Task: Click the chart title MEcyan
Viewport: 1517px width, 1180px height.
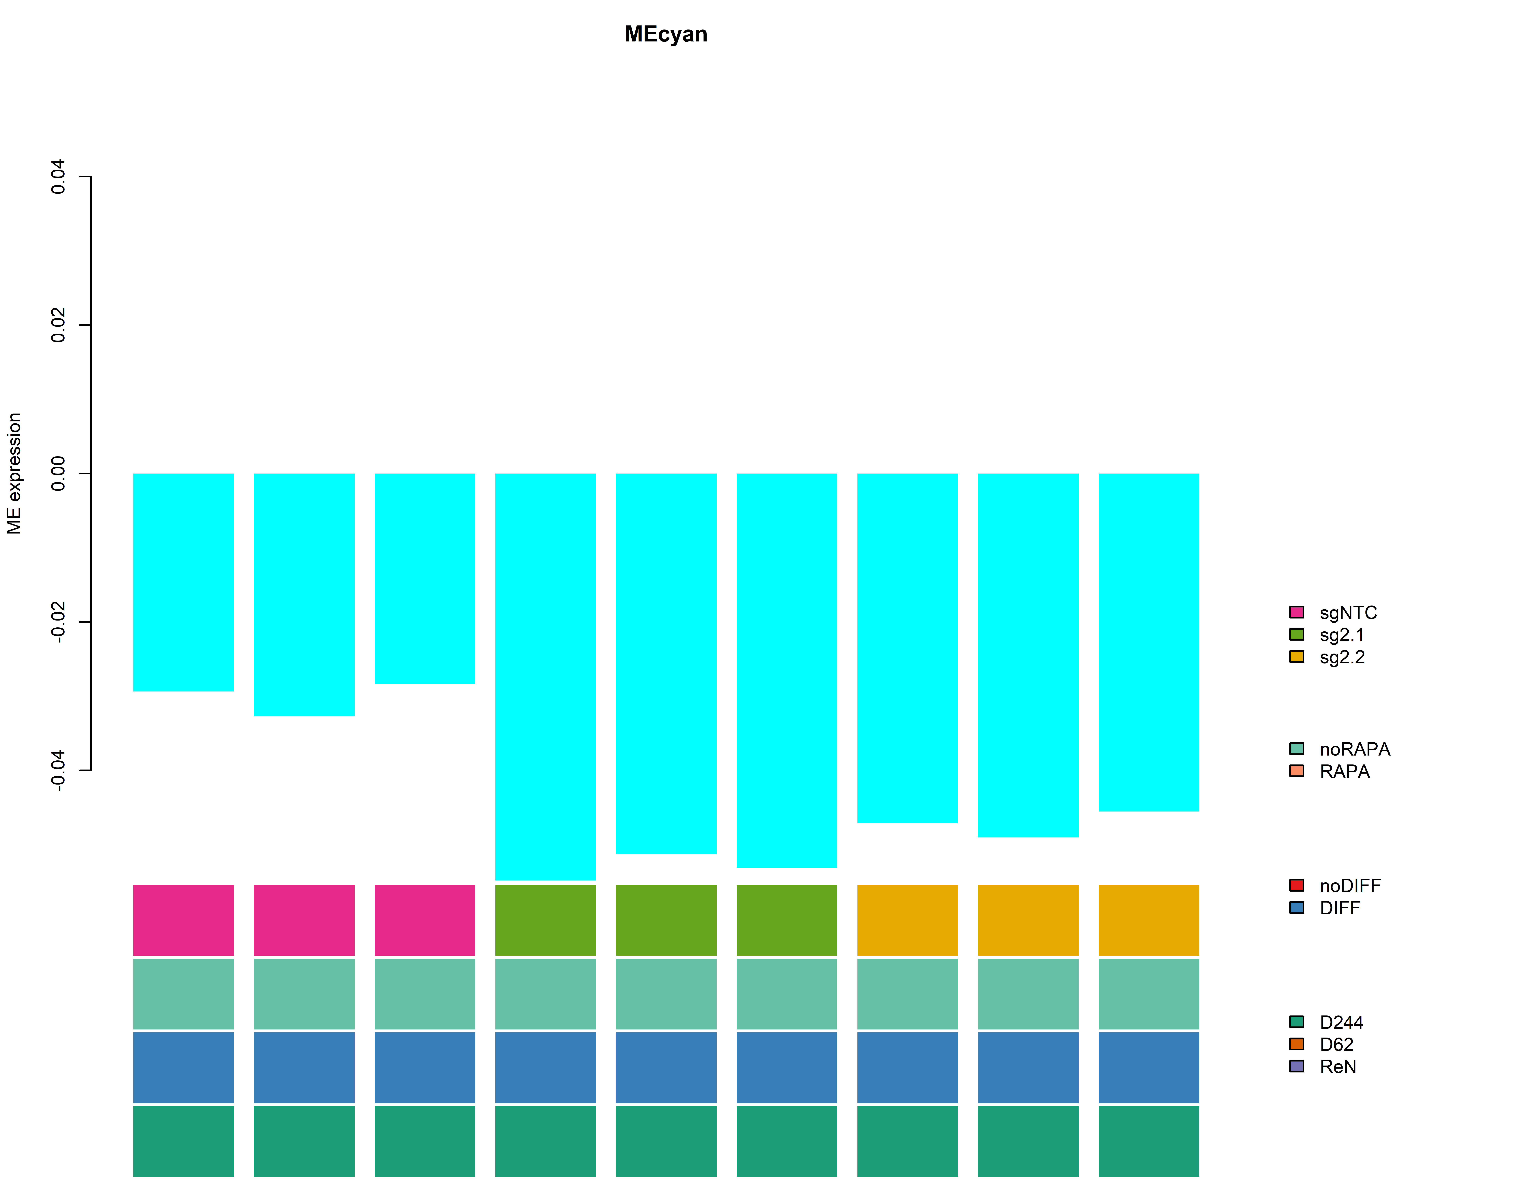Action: click(x=665, y=34)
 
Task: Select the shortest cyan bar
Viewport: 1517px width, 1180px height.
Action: click(x=424, y=579)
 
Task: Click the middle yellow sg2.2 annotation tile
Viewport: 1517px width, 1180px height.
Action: click(x=1028, y=920)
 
